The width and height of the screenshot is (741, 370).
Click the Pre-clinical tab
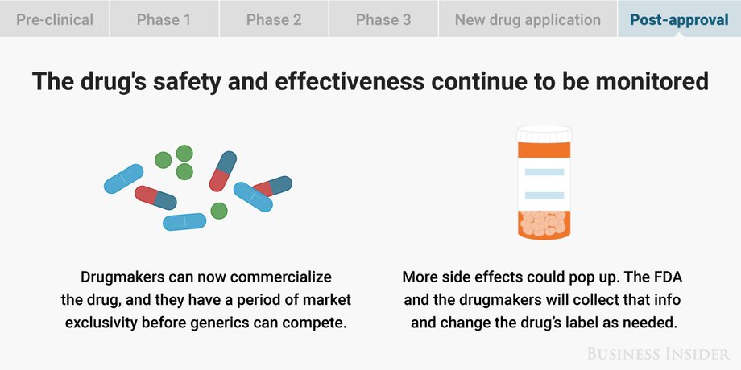tap(54, 18)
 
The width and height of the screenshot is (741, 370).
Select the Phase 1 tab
tap(164, 18)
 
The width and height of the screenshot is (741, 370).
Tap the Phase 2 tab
tap(274, 18)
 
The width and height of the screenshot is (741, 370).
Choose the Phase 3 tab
tap(383, 18)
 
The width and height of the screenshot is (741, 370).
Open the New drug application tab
tap(528, 18)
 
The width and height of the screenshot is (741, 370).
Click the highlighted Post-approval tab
tap(679, 18)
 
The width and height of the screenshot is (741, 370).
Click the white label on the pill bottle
tap(544, 184)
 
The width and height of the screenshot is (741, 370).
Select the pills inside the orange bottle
tap(544, 223)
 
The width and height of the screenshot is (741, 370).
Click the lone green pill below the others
tap(219, 211)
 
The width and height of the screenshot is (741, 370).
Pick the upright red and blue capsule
tap(222, 171)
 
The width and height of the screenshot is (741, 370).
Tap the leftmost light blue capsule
tap(123, 179)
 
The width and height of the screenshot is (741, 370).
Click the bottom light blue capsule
tap(184, 222)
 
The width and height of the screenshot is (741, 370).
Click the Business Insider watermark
tap(658, 353)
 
